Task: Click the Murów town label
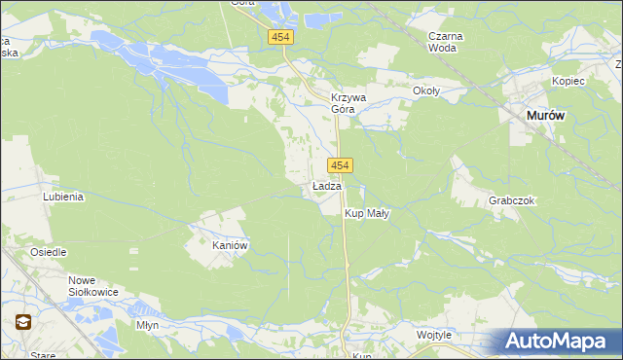point(545,115)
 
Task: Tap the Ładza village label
point(326,186)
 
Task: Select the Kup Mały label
point(367,213)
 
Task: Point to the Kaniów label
point(232,246)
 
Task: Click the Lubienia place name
point(63,196)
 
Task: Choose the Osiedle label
point(48,252)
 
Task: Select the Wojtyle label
point(434,335)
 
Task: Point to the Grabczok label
point(512,200)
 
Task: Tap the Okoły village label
point(426,91)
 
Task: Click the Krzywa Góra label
point(348,103)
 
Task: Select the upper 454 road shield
point(281,36)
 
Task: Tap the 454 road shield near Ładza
point(340,165)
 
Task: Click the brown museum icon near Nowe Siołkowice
point(21,322)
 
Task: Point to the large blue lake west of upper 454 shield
point(185,69)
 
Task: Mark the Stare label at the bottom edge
point(43,355)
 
